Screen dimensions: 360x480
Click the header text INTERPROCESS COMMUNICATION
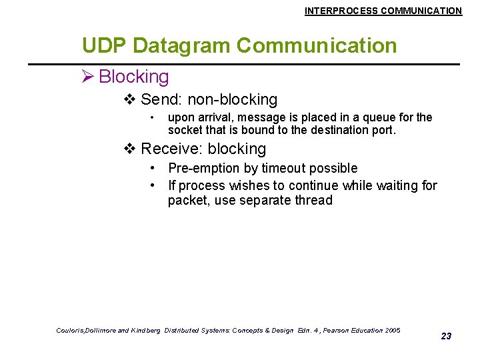point(383,11)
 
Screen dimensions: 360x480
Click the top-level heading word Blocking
point(134,77)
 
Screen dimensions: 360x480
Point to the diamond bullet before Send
point(130,100)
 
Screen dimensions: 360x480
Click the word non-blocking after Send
point(232,100)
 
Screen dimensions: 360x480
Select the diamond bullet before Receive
point(130,149)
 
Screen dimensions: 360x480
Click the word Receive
point(169,149)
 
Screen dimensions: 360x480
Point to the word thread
point(313,201)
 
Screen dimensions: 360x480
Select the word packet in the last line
point(188,201)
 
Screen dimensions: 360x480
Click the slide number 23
point(446,336)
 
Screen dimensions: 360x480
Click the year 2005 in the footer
point(393,331)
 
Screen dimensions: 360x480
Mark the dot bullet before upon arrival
point(153,118)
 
